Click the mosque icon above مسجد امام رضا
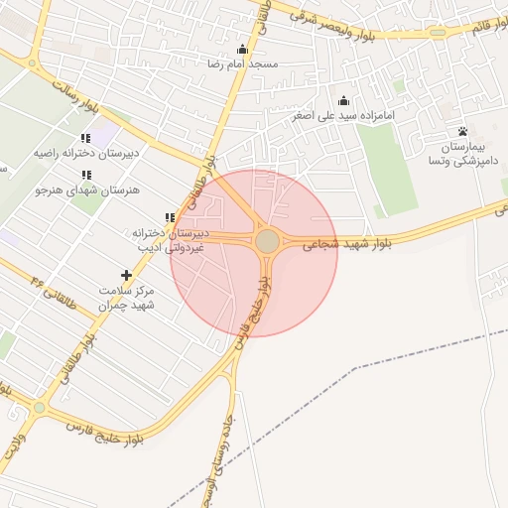[x=242, y=50]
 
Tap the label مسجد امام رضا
[x=242, y=63]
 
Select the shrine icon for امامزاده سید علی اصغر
[x=343, y=100]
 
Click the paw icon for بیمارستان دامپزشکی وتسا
[x=462, y=132]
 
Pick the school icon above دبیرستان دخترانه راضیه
[x=85, y=139]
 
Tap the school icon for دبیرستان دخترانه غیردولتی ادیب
[x=170, y=217]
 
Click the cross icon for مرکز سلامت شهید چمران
[x=126, y=275]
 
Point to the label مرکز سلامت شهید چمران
[x=126, y=297]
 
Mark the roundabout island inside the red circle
[x=267, y=241]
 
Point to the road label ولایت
[x=11, y=446]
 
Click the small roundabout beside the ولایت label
[x=39, y=407]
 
